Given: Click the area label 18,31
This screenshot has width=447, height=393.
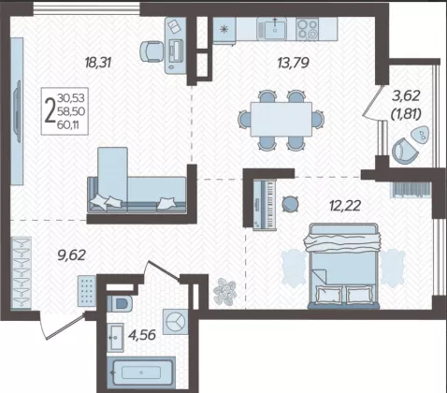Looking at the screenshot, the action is pos(98,63).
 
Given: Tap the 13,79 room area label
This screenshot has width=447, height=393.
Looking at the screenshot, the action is pos(293,63).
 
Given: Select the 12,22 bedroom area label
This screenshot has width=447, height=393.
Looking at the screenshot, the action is pos(345,206).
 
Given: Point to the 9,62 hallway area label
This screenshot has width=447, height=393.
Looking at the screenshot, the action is pos(71,255).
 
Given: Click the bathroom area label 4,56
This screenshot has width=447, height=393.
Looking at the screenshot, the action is pos(142,335).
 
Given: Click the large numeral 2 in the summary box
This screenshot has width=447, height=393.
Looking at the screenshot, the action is pos(50,110).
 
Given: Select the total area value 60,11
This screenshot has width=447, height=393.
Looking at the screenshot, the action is pos(68,125).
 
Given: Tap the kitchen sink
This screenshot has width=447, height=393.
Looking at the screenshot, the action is pos(275,29).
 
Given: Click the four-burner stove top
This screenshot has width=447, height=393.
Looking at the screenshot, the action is pos(307,29).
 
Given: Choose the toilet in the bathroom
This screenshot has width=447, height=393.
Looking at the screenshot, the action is pos(120,303).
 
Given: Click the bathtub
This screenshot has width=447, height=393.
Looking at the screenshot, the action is pos(141,372).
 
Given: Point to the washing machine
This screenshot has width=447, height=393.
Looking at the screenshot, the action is pos(175,322).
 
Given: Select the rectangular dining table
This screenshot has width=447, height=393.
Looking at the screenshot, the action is pos(281,119).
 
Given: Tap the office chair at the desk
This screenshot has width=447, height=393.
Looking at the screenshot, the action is pos(151,51).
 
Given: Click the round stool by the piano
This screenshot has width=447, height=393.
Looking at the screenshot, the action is pos(290,204).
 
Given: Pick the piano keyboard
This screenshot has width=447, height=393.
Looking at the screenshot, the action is pos(265,205).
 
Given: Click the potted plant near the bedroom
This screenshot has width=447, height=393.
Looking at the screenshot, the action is pos(224,291).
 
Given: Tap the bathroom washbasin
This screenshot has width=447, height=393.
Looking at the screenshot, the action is pos(115,338).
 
